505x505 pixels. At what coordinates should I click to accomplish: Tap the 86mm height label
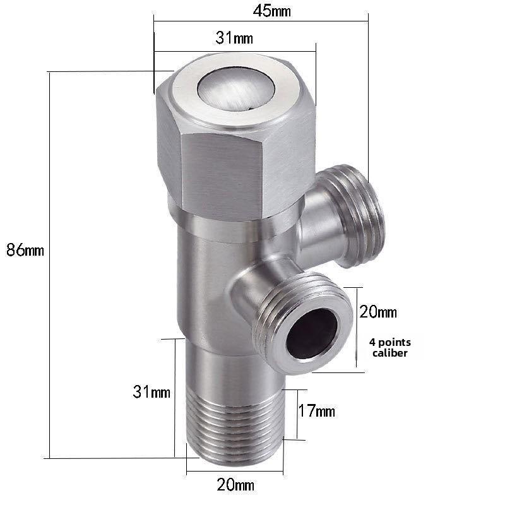pyautogui.click(x=25, y=249)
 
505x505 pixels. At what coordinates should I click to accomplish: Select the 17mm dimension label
pyautogui.click(x=316, y=412)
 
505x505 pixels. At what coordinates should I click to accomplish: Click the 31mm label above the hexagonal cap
pyautogui.click(x=234, y=39)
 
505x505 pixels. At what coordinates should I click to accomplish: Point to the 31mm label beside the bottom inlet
pyautogui.click(x=151, y=392)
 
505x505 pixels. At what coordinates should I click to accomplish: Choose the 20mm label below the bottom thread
pyautogui.click(x=235, y=485)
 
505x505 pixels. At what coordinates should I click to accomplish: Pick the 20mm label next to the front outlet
pyautogui.click(x=378, y=312)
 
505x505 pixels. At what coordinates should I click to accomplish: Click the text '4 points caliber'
pyautogui.click(x=388, y=347)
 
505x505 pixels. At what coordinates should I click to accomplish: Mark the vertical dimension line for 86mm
pyautogui.click(x=49, y=265)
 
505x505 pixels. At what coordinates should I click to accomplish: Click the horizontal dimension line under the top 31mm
pyautogui.click(x=234, y=51)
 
